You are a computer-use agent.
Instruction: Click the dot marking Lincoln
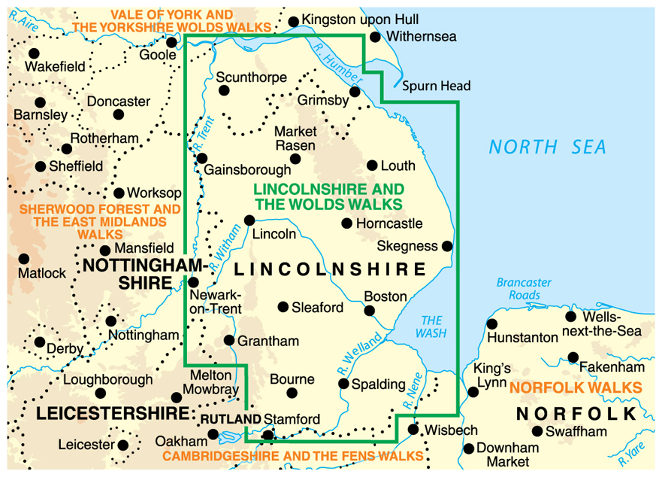[249, 220]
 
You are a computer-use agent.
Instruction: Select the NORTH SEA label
[547, 147]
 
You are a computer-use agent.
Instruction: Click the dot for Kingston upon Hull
[294, 20]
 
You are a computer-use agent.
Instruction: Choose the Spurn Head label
[436, 86]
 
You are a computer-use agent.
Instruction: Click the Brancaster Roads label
[524, 289]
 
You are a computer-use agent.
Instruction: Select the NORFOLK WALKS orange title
[576, 387]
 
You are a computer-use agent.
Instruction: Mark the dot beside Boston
[369, 310]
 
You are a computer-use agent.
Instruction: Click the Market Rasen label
[295, 138]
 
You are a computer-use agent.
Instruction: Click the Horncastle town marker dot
[346, 223]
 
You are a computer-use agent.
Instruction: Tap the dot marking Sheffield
[41, 166]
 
